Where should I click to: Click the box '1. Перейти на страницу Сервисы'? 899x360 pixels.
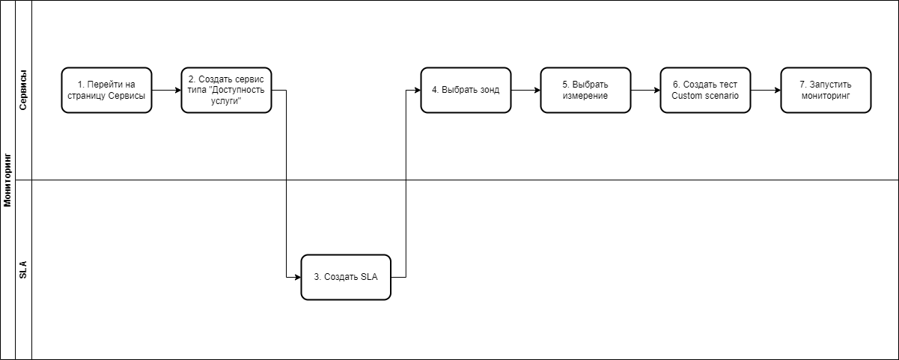[x=106, y=90]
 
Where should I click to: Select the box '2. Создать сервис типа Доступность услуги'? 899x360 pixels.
[x=226, y=90]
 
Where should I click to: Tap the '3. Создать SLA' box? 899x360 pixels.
[x=346, y=277]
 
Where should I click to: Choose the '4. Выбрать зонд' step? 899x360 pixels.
[x=466, y=90]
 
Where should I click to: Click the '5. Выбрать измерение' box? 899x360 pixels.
[x=585, y=90]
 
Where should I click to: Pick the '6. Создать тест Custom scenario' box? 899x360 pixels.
[x=706, y=90]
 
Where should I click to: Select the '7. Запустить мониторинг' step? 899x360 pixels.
[x=826, y=90]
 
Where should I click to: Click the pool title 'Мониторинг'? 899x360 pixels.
[x=7, y=180]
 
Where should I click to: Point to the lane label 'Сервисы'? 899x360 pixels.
[x=23, y=90]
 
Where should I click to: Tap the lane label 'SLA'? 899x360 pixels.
[x=23, y=269]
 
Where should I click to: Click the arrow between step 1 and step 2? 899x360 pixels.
[x=167, y=91]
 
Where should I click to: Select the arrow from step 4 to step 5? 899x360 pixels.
[x=525, y=91]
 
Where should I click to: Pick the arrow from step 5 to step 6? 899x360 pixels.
[x=646, y=91]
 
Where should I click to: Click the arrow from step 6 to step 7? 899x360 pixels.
[x=766, y=91]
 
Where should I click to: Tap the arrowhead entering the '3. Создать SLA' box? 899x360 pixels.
[x=298, y=277]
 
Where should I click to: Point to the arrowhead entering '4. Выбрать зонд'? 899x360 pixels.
[x=418, y=91]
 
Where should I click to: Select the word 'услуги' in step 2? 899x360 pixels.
[x=226, y=101]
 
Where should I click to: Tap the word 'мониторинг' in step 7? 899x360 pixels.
[x=826, y=96]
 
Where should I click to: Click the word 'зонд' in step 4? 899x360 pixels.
[x=490, y=90]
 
